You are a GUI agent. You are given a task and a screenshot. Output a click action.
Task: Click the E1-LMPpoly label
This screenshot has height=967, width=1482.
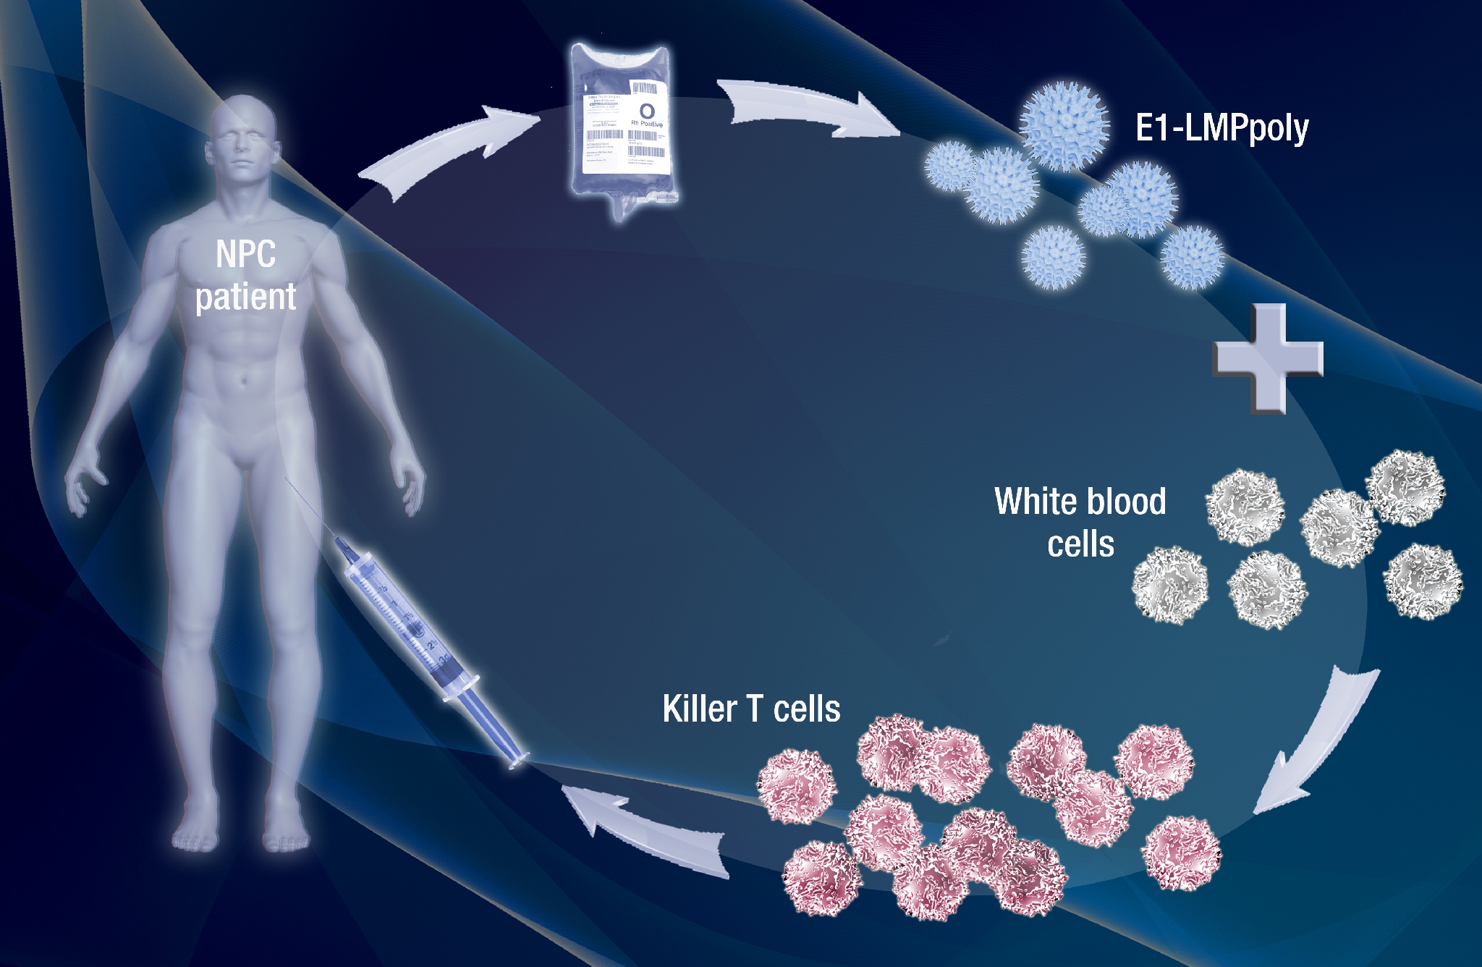1222,129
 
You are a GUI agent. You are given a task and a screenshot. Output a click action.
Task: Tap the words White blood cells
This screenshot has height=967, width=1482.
1080,522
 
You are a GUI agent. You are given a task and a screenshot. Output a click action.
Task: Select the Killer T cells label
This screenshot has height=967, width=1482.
751,709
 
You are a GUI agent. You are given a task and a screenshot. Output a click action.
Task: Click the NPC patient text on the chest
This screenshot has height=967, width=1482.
246,275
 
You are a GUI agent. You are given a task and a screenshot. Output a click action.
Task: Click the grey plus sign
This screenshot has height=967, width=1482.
1268,358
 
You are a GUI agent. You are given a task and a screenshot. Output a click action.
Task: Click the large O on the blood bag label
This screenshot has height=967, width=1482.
647,111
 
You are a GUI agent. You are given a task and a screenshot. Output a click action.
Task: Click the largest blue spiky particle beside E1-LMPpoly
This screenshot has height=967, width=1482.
1064,124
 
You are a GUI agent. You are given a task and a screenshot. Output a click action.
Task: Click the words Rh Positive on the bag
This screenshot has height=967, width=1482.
646,124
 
